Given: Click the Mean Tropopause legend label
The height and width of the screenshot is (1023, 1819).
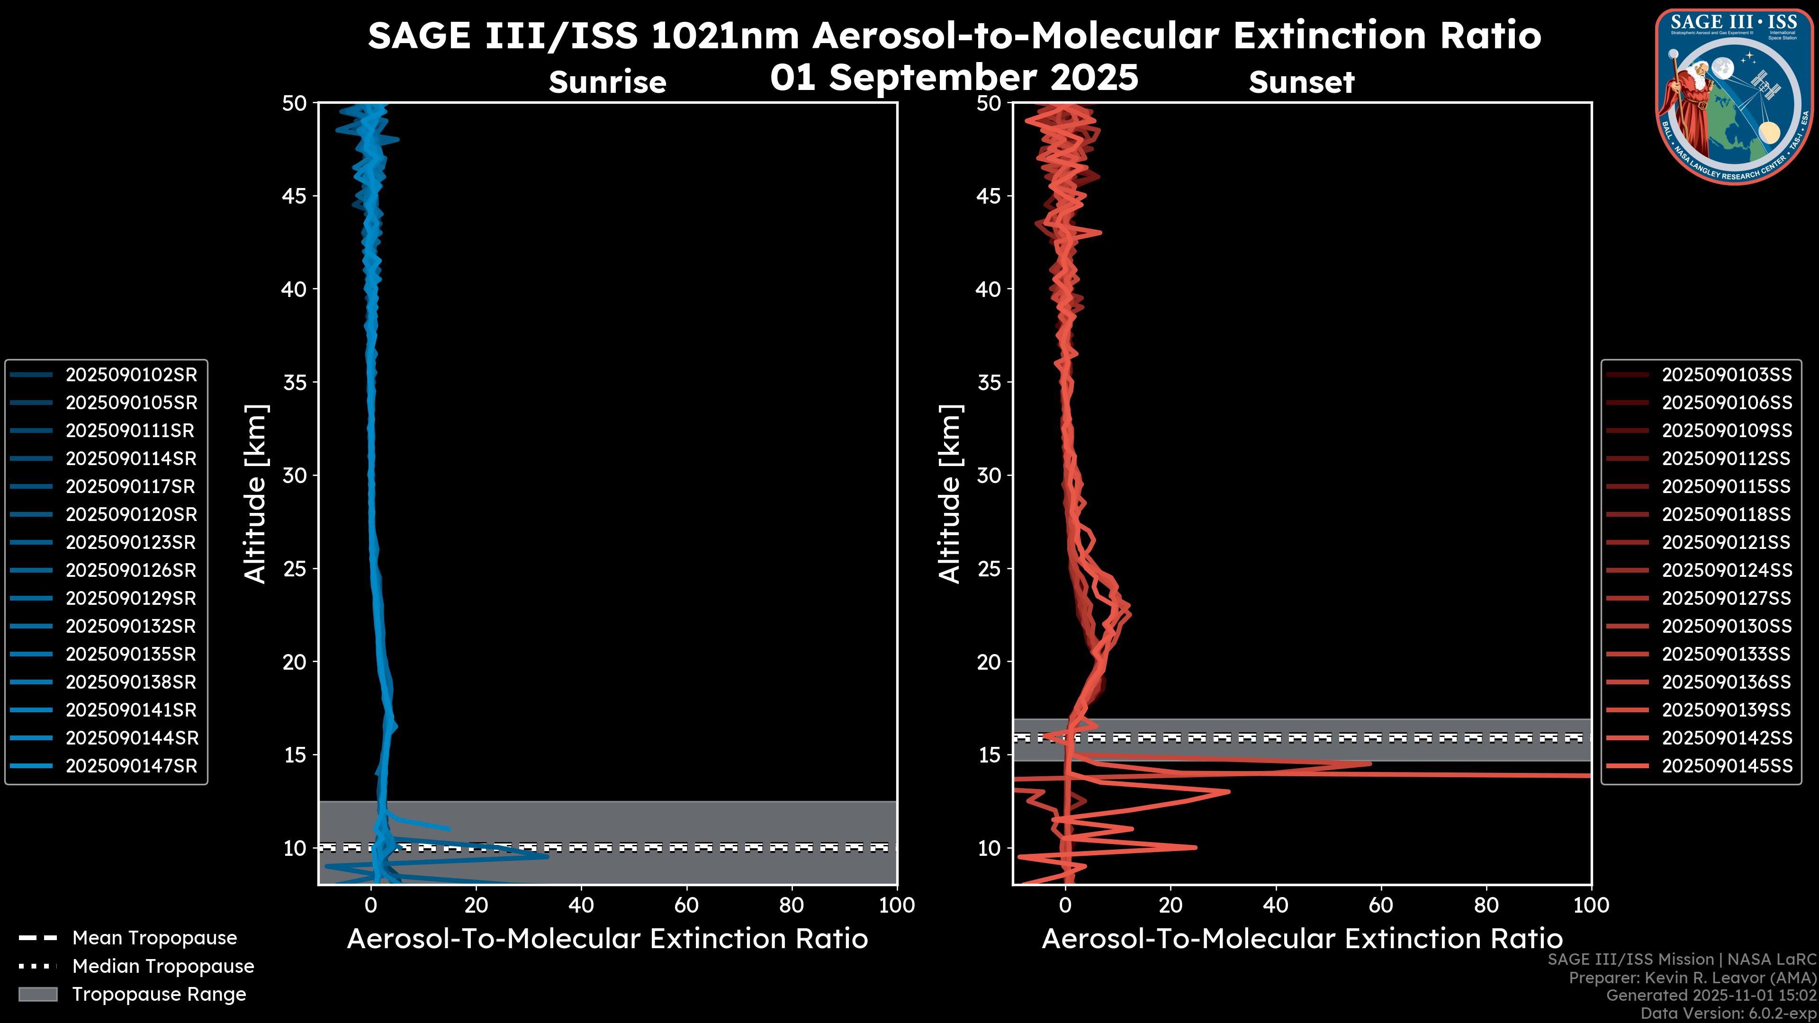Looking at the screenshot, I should click(x=154, y=938).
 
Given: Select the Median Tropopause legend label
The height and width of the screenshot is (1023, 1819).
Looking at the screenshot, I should click(x=163, y=967).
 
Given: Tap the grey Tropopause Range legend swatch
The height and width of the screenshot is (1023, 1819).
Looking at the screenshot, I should click(x=38, y=995).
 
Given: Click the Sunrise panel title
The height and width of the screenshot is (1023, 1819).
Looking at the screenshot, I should click(x=607, y=82).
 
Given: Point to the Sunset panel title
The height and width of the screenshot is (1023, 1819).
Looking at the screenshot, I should click(x=1301, y=82).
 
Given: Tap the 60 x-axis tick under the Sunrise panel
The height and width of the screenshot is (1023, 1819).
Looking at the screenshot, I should click(x=686, y=905).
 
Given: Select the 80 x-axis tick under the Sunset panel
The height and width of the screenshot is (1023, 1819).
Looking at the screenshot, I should click(x=1486, y=905).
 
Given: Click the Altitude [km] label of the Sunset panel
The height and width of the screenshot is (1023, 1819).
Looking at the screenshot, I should click(x=950, y=494).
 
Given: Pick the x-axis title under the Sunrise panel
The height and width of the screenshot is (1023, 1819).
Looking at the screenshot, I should click(x=607, y=939).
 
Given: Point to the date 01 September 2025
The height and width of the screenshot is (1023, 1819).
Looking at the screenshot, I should click(x=954, y=78).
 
